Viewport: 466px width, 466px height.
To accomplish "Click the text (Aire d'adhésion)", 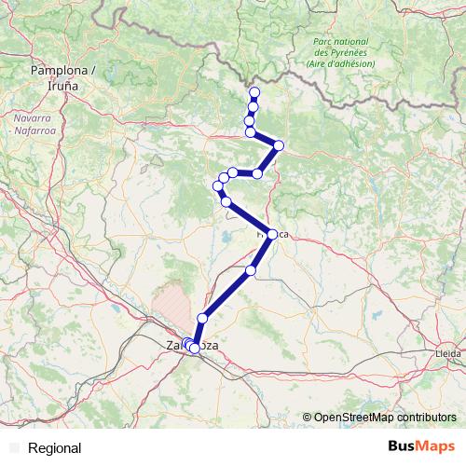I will [340, 63].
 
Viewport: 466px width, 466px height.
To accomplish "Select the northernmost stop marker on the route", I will [254, 91].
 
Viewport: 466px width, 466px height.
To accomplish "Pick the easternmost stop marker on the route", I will [278, 145].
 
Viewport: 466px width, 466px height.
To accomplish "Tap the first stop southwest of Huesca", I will [251, 270].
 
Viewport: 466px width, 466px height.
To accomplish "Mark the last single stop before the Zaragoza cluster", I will [202, 318].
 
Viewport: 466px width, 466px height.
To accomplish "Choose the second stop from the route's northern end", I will [253, 106].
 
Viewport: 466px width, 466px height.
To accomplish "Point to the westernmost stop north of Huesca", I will [220, 188].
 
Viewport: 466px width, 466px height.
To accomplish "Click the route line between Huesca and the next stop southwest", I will [262, 253].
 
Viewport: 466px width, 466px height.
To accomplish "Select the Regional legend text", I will [55, 448].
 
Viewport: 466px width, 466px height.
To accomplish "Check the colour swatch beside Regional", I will [13, 448].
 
